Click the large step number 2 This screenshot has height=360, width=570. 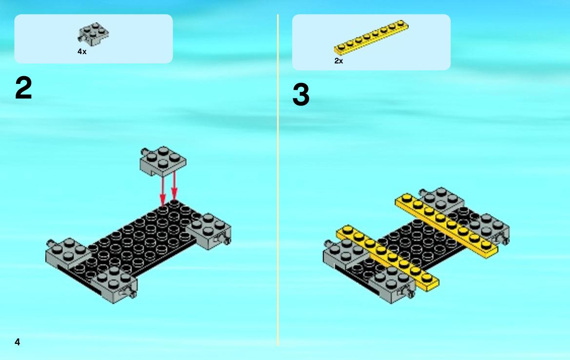pyautogui.click(x=23, y=88)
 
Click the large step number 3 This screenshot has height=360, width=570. pyautogui.click(x=301, y=95)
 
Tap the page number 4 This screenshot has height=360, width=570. pyautogui.click(x=18, y=342)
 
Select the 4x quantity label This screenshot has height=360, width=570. pyautogui.click(x=82, y=52)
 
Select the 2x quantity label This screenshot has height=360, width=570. pyautogui.click(x=338, y=60)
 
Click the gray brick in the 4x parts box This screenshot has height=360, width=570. pyautogui.click(x=93, y=34)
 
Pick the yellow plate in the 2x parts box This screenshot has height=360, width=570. pyautogui.click(x=371, y=38)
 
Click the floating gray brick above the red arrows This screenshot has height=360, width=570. pyautogui.click(x=163, y=160)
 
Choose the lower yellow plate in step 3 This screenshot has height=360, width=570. pyautogui.click(x=388, y=258)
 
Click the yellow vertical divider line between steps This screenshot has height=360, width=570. pyautogui.click(x=278, y=180)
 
